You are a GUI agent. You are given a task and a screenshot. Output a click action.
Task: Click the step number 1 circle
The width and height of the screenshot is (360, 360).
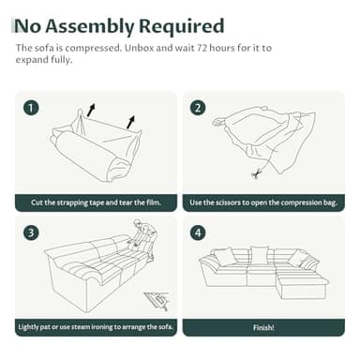click(x=31, y=108)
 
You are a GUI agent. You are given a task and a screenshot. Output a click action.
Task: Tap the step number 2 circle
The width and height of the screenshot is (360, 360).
click(x=198, y=108)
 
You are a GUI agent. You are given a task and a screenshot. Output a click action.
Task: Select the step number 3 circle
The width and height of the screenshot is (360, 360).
click(x=31, y=232)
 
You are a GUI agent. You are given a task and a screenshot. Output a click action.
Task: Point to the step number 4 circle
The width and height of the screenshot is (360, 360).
click(x=198, y=232)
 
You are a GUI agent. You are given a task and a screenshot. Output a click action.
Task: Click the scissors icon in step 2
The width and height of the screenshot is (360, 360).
click(x=257, y=173)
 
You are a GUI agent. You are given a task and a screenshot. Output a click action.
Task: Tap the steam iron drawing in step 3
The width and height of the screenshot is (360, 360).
click(x=157, y=301)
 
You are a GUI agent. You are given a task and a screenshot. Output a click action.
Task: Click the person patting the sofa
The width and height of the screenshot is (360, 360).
click(x=142, y=237)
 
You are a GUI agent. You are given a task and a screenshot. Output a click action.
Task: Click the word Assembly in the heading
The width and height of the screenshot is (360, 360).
click(x=89, y=26)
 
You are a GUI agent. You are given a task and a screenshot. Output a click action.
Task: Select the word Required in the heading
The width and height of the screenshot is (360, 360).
click(x=181, y=26)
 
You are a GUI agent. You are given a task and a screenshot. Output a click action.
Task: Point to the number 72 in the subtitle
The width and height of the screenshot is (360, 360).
click(x=202, y=48)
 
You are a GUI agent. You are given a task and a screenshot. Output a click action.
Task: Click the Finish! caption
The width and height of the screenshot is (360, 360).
click(x=263, y=327)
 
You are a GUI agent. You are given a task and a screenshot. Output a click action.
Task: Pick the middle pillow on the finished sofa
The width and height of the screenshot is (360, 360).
click(x=259, y=255)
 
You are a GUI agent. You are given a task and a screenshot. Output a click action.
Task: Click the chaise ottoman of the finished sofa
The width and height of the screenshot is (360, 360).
click(x=302, y=284)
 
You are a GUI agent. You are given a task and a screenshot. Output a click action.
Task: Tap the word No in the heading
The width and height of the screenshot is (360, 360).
click(x=28, y=26)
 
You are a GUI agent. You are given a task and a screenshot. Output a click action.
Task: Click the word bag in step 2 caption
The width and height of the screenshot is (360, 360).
click(x=330, y=203)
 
